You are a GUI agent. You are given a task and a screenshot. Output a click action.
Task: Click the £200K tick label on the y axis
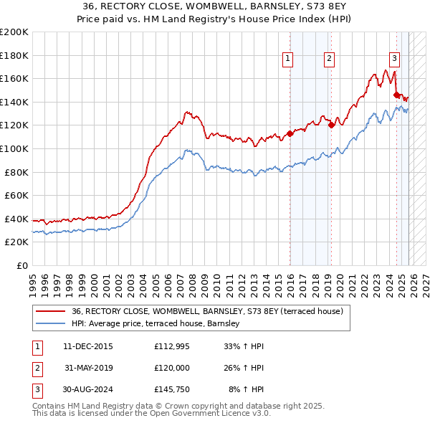pyautogui.click(x=14, y=32)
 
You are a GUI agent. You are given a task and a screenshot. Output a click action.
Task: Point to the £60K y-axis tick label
pyautogui.click(x=16, y=195)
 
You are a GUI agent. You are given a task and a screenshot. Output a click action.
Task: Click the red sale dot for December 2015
pyautogui.click(x=290, y=133)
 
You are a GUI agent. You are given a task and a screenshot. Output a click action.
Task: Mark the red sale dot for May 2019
pyautogui.click(x=331, y=125)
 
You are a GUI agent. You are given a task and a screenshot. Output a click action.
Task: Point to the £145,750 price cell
pyautogui.click(x=172, y=390)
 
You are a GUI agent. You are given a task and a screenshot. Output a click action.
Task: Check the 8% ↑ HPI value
pyautogui.click(x=246, y=390)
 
